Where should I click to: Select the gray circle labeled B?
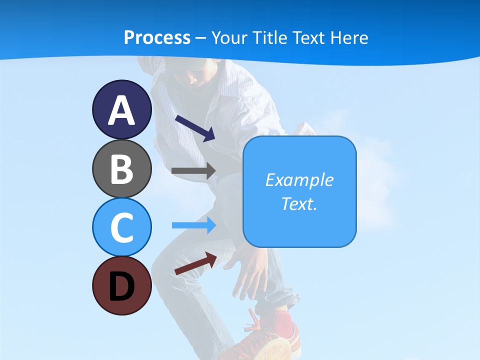[121, 168]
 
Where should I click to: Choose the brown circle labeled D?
[121, 285]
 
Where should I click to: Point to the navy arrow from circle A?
[195, 127]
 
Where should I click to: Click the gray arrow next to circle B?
[193, 170]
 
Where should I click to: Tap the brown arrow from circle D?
[195, 263]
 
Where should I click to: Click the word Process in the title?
[157, 38]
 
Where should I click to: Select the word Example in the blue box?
[299, 180]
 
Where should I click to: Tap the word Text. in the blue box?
[299, 203]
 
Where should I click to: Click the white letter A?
[121, 111]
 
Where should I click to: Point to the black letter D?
[121, 286]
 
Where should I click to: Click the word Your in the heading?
[230, 38]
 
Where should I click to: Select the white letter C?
[121, 227]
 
